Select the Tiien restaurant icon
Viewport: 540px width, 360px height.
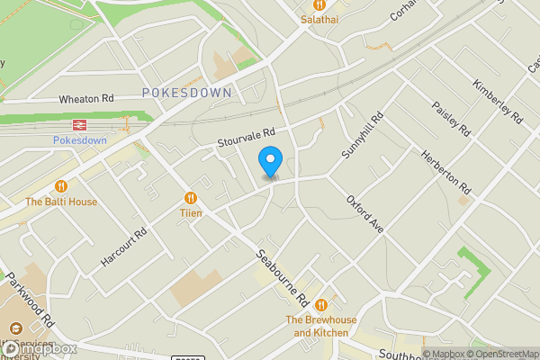[x=190, y=198]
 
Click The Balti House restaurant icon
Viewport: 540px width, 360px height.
[x=61, y=186]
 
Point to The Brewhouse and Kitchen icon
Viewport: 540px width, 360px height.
[x=319, y=303]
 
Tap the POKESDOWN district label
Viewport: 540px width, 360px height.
[x=186, y=93]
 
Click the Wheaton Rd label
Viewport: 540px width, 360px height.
[x=86, y=98]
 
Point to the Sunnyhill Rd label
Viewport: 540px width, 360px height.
[x=363, y=136]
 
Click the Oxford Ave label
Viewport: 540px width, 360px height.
[x=365, y=214]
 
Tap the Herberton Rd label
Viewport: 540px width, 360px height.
[x=445, y=172]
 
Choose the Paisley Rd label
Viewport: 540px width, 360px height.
[x=451, y=118]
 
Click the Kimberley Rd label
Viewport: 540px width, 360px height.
[x=497, y=102]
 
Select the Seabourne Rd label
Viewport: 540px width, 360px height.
[x=283, y=276]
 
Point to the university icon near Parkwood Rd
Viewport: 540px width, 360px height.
[x=14, y=330]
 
